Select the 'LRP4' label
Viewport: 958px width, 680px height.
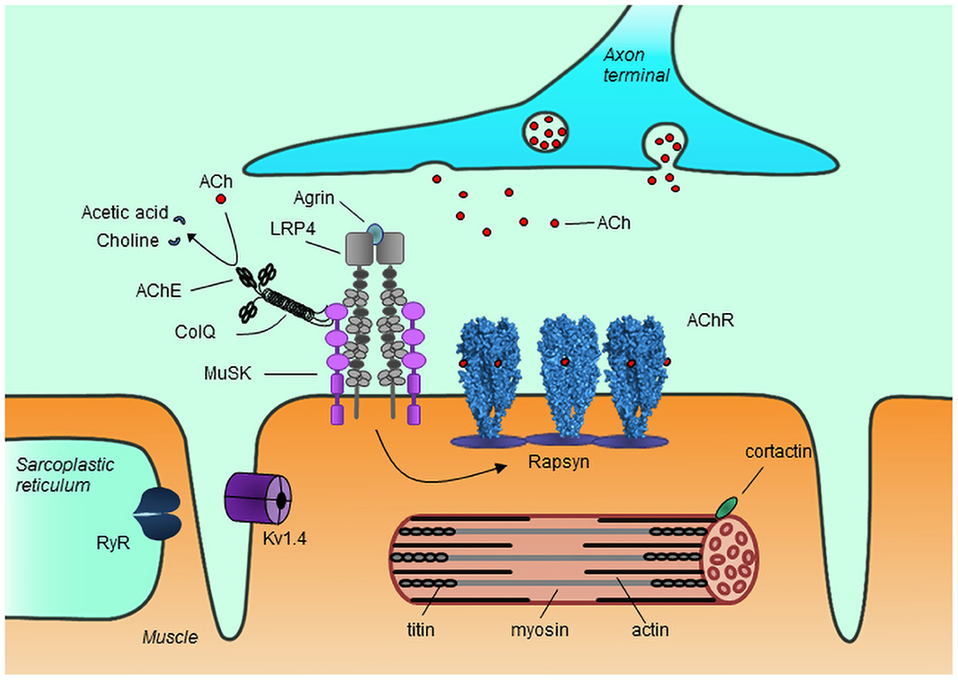tap(293, 229)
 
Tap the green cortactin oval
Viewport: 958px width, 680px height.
tap(726, 506)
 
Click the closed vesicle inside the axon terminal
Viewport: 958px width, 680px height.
tap(545, 133)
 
